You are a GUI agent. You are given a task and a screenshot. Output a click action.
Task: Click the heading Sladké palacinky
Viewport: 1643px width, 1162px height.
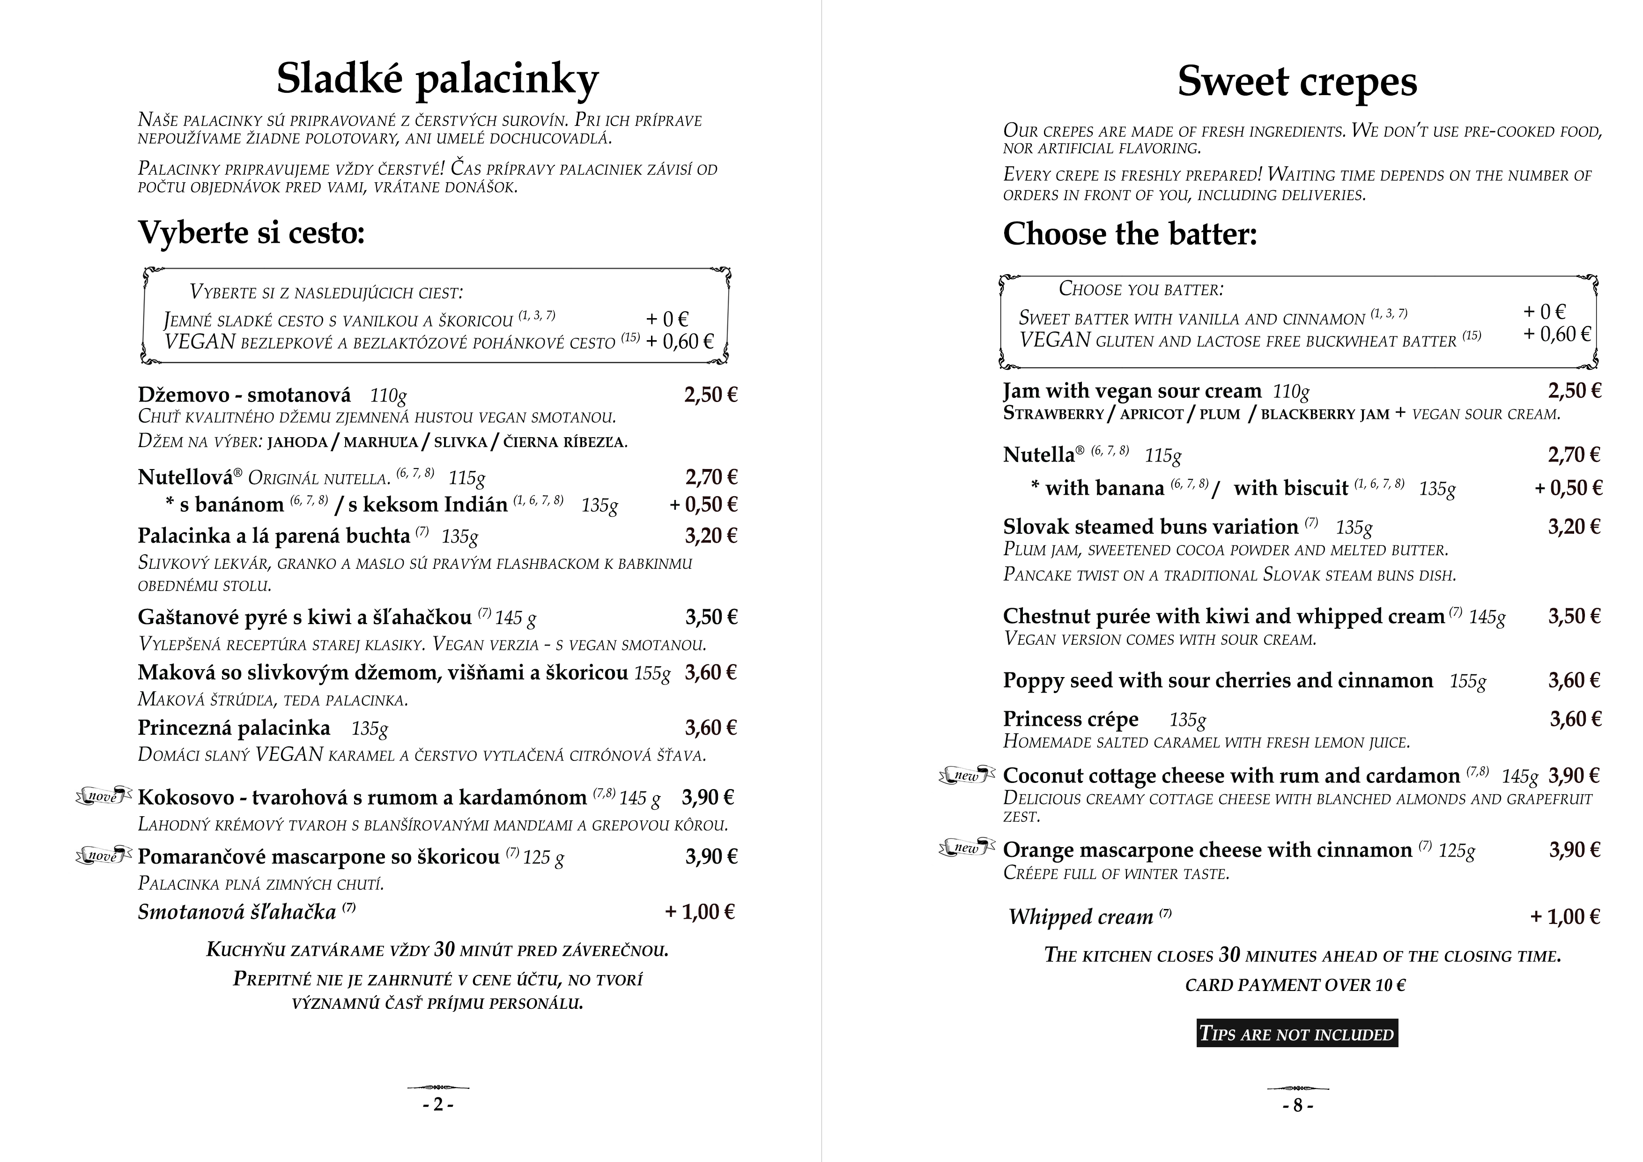tap(437, 79)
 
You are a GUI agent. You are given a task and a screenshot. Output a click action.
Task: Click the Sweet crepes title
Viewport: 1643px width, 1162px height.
tap(1297, 81)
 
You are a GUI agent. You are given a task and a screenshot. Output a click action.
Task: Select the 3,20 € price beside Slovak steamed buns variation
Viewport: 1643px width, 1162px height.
tap(1574, 527)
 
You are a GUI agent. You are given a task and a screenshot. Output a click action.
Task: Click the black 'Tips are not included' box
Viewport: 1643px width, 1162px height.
tap(1297, 1034)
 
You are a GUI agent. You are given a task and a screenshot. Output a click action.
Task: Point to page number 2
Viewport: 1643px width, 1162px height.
tap(438, 1105)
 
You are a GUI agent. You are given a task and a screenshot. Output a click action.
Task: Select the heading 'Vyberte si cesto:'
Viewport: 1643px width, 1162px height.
tap(251, 232)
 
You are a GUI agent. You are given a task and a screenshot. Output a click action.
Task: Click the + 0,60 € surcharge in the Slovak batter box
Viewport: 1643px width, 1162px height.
tap(679, 342)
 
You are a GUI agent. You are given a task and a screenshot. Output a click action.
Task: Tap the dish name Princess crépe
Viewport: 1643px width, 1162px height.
tap(1071, 719)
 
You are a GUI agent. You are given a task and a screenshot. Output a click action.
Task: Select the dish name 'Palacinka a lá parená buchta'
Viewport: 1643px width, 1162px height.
tap(274, 536)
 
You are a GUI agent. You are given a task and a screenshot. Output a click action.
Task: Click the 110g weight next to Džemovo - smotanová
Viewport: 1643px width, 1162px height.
tap(388, 395)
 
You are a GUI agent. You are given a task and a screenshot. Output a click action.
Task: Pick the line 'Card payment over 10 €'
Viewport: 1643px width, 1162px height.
tap(1295, 985)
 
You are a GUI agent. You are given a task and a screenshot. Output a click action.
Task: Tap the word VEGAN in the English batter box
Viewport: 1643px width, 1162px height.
tap(1055, 340)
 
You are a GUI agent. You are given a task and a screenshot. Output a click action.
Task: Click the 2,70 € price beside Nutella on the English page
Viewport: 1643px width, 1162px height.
tap(1574, 454)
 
